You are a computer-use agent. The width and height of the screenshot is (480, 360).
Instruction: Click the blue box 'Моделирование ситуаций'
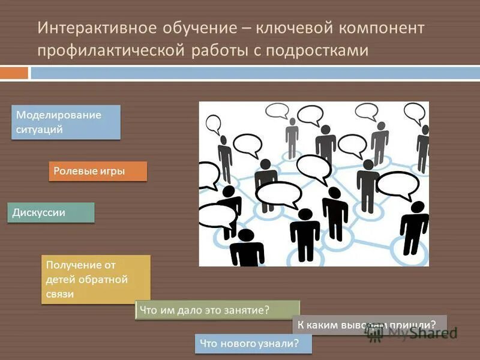pyautogui.click(x=66, y=122)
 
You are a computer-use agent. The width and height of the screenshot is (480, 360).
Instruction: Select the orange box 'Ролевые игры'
pyautogui.click(x=97, y=171)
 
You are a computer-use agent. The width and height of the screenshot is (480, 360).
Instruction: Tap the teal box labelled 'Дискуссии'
pyautogui.click(x=51, y=212)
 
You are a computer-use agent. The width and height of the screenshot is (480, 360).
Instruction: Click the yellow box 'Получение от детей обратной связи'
pyautogui.click(x=95, y=279)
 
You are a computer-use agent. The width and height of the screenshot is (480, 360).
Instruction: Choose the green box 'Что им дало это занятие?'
pyautogui.click(x=217, y=310)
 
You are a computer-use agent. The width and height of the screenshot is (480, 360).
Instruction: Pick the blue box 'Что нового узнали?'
pyautogui.click(x=254, y=343)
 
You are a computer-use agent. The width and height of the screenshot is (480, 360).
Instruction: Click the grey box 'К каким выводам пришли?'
pyautogui.click(x=370, y=325)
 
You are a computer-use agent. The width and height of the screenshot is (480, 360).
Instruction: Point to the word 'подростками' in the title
pyautogui.click(x=323, y=50)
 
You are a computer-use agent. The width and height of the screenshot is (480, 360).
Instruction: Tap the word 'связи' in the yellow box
pyautogui.click(x=60, y=294)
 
